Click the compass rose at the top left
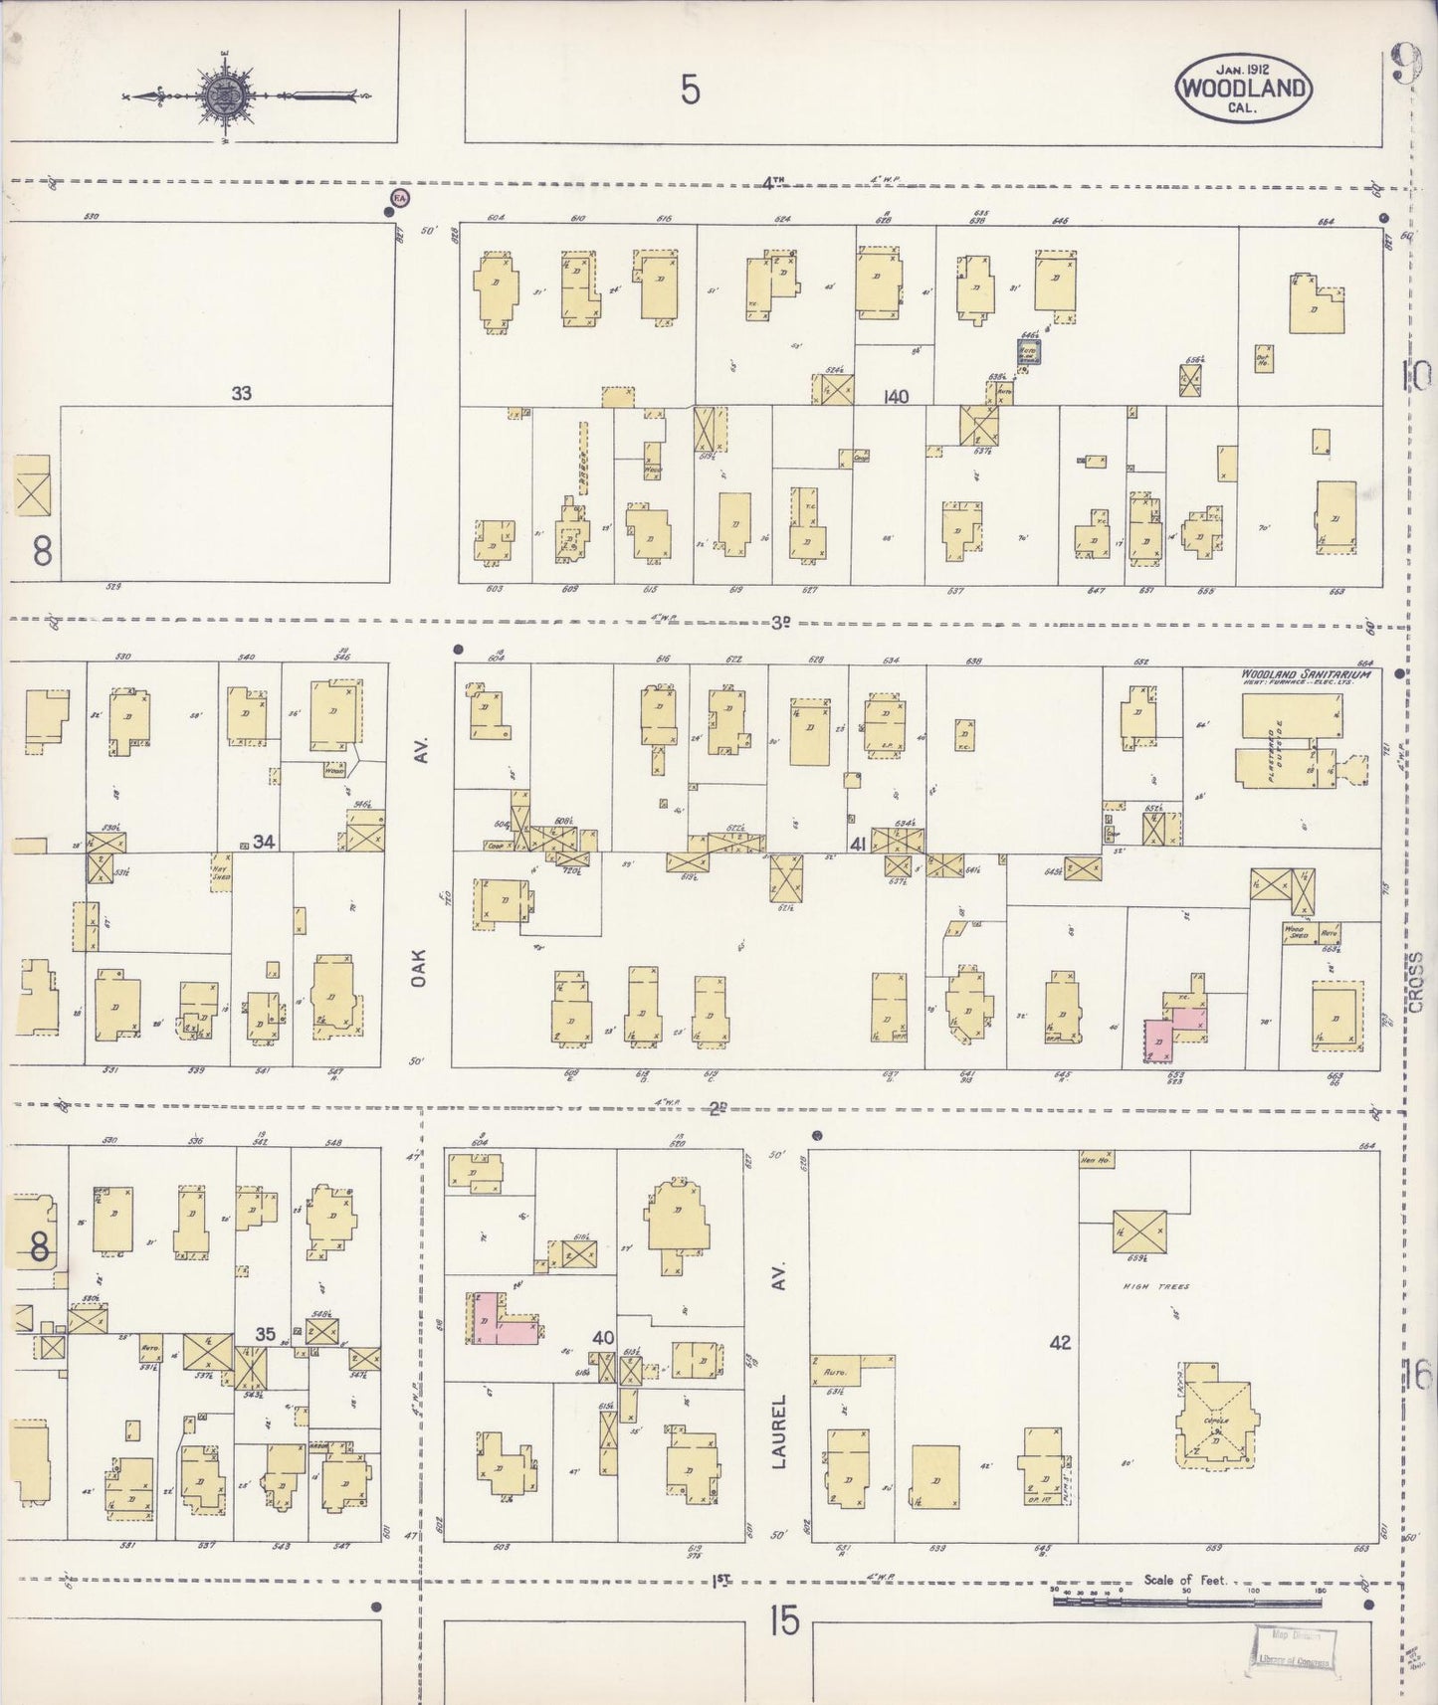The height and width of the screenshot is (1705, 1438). click(220, 95)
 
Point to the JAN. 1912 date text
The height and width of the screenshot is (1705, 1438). click(1242, 67)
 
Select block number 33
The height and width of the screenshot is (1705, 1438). click(241, 393)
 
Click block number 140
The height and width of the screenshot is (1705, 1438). click(895, 397)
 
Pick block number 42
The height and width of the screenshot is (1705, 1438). click(1059, 1342)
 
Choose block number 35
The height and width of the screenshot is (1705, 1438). click(265, 1334)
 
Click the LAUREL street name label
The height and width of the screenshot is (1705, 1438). click(781, 1432)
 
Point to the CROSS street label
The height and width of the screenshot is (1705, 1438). click(1417, 984)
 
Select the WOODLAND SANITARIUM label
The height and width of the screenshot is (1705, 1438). click(1305, 673)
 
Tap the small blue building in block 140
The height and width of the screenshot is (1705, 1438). click(1027, 351)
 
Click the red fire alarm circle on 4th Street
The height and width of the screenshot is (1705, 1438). click(400, 198)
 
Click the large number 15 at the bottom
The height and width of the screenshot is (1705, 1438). click(783, 1621)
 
